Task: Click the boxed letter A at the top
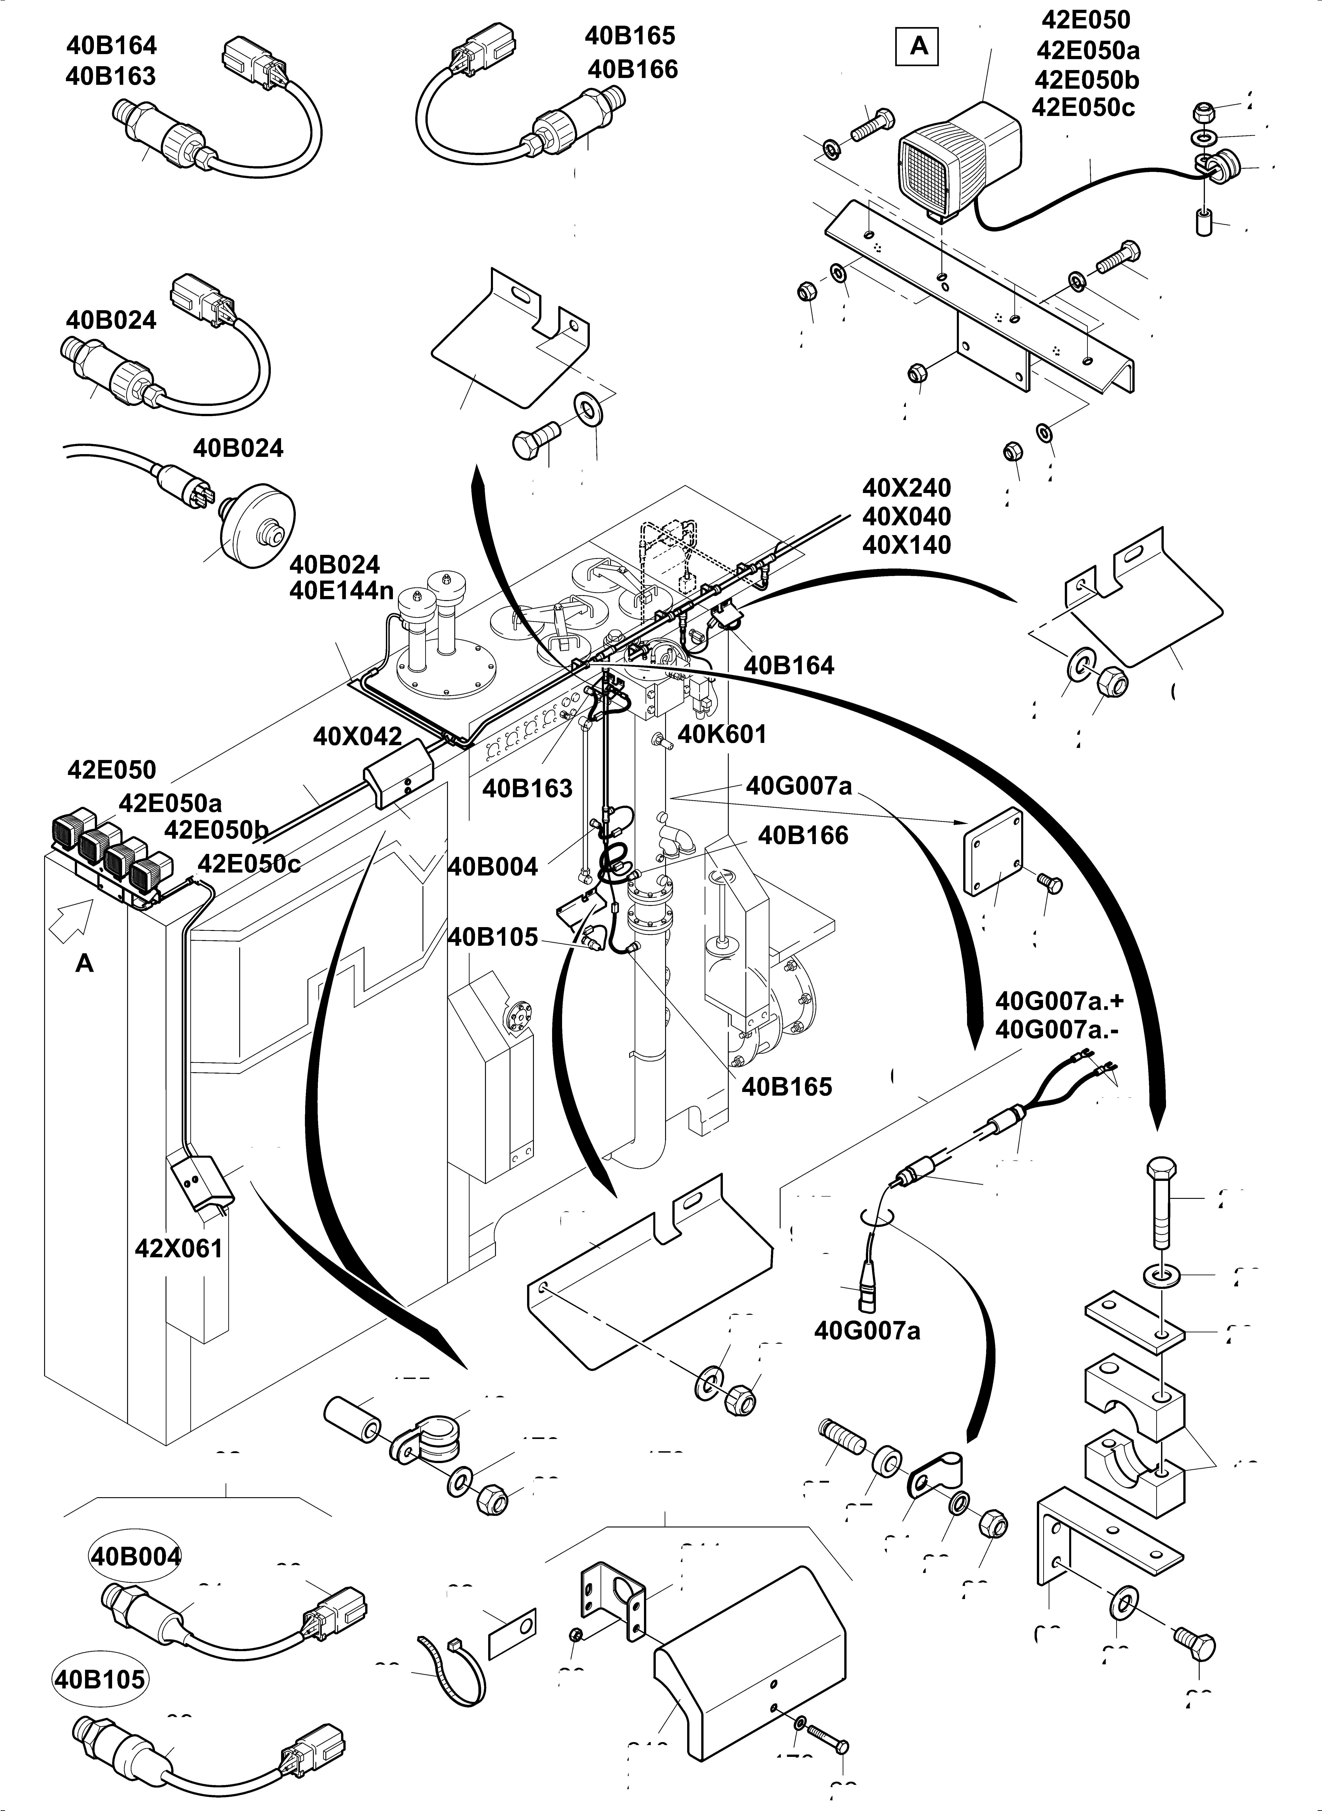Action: click(x=919, y=46)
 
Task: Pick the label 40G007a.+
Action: click(x=1059, y=1001)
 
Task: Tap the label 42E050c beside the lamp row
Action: click(x=249, y=864)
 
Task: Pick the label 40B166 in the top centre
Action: click(x=632, y=70)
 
